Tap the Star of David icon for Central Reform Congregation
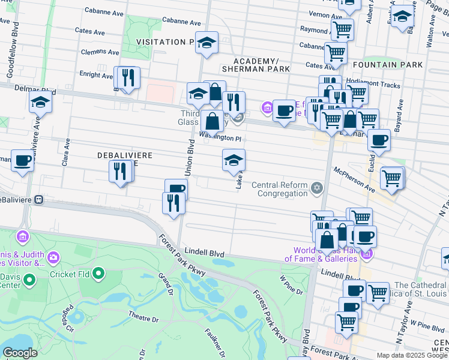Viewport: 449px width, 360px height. click(318, 190)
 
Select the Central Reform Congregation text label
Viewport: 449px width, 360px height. click(280, 189)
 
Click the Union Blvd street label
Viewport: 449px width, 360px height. click(190, 158)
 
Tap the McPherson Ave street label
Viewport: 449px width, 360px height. click(355, 179)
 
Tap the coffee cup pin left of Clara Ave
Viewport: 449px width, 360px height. click(23, 161)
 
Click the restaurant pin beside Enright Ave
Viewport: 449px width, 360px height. click(128, 78)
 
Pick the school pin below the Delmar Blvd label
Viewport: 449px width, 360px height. click(40, 102)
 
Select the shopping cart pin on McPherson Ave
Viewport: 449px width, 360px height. click(391, 178)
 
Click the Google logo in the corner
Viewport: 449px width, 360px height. click(20, 353)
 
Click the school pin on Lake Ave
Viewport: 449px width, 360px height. click(234, 160)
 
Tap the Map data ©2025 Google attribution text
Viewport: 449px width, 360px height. click(412, 355)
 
